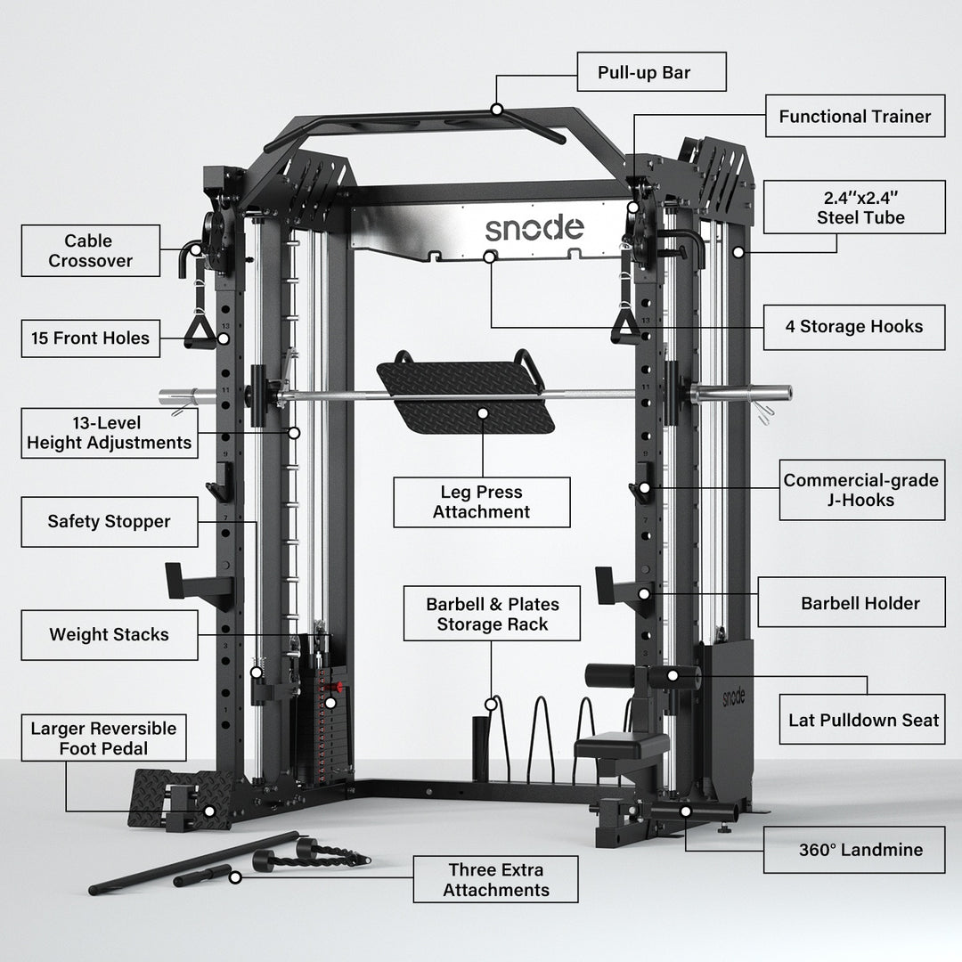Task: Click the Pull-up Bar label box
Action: tap(650, 72)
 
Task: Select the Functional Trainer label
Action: tap(854, 116)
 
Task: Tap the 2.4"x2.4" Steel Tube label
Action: tap(854, 208)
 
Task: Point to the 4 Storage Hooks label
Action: tap(853, 326)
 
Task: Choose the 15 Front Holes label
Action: tap(91, 338)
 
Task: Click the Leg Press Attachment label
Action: tap(481, 502)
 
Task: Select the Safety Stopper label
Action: tap(109, 522)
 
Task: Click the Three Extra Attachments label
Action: tap(495, 879)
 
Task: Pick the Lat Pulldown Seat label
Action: tap(863, 720)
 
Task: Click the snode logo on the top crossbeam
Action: tap(534, 228)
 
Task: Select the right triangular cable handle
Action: tap(624, 325)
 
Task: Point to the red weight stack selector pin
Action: tap(336, 687)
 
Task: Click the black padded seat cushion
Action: tap(621, 742)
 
